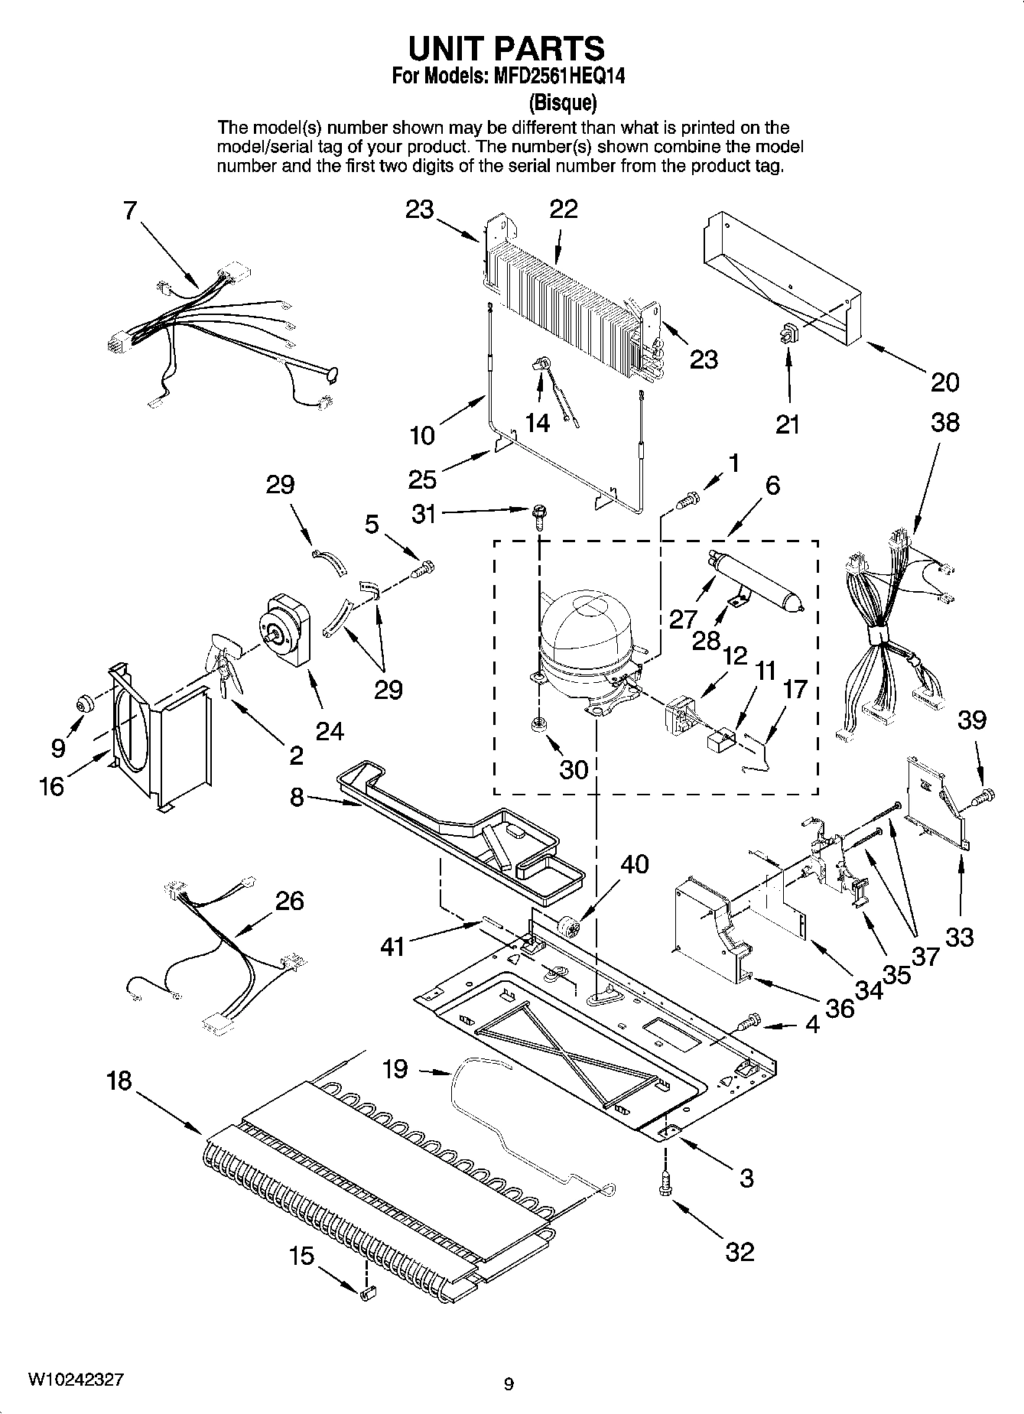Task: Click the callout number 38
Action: (944, 422)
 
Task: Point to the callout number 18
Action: (120, 1081)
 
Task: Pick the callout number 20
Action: (944, 382)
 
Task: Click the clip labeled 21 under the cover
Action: (788, 333)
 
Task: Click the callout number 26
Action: (290, 900)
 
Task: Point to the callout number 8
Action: (297, 798)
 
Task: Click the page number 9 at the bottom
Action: (509, 1383)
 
